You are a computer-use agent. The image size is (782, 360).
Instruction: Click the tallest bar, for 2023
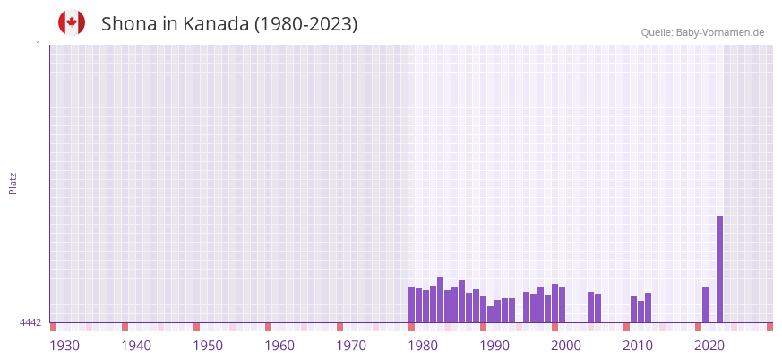pyautogui.click(x=719, y=269)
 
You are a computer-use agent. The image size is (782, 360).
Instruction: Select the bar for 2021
pyautogui.click(x=705, y=304)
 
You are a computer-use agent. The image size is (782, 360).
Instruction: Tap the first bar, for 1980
pyautogui.click(x=411, y=304)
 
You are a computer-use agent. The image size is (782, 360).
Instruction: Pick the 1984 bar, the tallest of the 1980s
pyautogui.click(x=440, y=300)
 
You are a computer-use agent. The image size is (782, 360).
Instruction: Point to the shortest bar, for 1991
pyautogui.click(x=490, y=314)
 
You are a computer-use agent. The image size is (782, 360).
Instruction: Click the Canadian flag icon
pyautogui.click(x=72, y=22)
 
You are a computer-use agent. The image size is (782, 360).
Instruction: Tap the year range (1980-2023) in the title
pyautogui.click(x=306, y=24)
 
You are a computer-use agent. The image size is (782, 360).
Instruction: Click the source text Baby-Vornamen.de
pyautogui.click(x=720, y=32)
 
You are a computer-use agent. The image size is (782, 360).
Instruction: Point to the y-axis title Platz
pyautogui.click(x=13, y=183)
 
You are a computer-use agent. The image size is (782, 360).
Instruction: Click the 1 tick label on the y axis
pyautogui.click(x=38, y=45)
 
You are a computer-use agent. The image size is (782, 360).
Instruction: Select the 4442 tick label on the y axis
pyautogui.click(x=31, y=322)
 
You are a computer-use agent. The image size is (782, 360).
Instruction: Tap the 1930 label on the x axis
pyautogui.click(x=64, y=346)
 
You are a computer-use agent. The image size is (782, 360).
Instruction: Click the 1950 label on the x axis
pyautogui.click(x=208, y=346)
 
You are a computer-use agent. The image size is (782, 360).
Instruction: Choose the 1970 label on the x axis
pyautogui.click(x=351, y=346)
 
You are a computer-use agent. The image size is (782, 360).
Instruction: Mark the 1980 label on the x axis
pyautogui.click(x=423, y=346)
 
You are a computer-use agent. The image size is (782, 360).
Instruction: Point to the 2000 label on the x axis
pyautogui.click(x=566, y=346)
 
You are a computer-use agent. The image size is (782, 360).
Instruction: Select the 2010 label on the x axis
pyautogui.click(x=638, y=346)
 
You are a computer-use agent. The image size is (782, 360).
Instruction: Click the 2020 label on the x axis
pyautogui.click(x=709, y=346)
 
